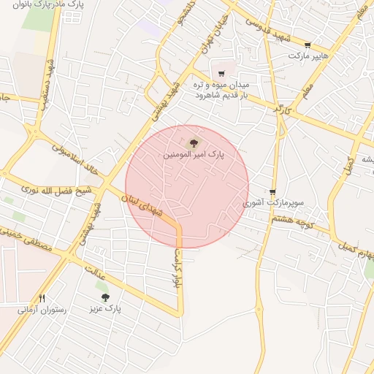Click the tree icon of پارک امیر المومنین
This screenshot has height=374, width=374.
coord(194,144)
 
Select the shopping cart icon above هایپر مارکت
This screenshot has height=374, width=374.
coord(307,45)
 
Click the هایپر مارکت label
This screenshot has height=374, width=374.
coord(308,56)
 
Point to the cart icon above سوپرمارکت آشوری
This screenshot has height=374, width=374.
coord(273,192)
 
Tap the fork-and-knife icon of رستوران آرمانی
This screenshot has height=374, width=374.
coord(42,298)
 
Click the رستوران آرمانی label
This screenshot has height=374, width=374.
coord(42,310)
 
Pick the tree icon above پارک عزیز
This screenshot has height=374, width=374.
coord(105,297)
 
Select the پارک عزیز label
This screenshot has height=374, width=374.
coord(105,309)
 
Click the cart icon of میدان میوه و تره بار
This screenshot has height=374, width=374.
coord(221,74)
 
